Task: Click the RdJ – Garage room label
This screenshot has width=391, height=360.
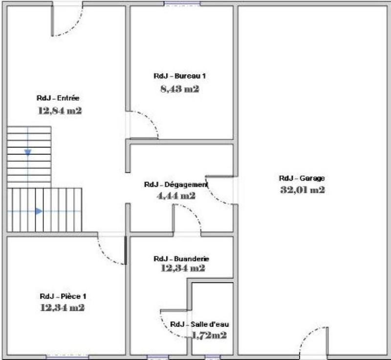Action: pos(302,179)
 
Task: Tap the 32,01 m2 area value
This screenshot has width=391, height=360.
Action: pos(302,190)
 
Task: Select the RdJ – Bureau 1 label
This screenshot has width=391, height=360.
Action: pos(180,76)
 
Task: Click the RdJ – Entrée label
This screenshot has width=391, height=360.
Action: pos(58,98)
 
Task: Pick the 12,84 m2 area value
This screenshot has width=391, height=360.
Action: pos(59,110)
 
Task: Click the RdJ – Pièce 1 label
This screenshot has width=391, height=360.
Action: pos(63,296)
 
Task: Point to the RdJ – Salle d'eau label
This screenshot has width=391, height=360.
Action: pos(199,324)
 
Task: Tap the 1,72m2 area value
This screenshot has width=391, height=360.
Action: pos(209,336)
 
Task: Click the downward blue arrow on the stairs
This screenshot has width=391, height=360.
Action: pos(28,152)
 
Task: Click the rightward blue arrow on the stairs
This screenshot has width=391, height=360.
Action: pos(39,211)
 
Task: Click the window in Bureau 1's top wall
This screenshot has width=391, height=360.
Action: pos(182,4)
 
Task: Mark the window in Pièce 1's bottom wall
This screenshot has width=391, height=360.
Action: pos(67,357)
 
